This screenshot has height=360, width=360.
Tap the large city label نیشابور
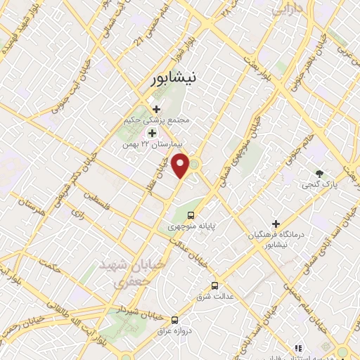coord(175,79)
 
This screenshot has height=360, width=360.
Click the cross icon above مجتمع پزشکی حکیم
coord(156,109)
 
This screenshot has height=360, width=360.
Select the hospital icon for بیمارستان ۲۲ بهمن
coord(151,133)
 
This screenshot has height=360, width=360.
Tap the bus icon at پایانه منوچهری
coord(191,215)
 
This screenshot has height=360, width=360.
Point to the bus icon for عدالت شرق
coord(214,285)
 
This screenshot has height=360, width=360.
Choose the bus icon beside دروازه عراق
coord(175,319)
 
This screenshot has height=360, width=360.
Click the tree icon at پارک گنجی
coord(320,172)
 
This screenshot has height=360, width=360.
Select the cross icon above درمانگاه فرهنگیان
coord(277,223)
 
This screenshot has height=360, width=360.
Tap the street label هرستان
coord(32,208)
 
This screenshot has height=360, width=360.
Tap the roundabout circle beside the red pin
coord(194,165)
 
